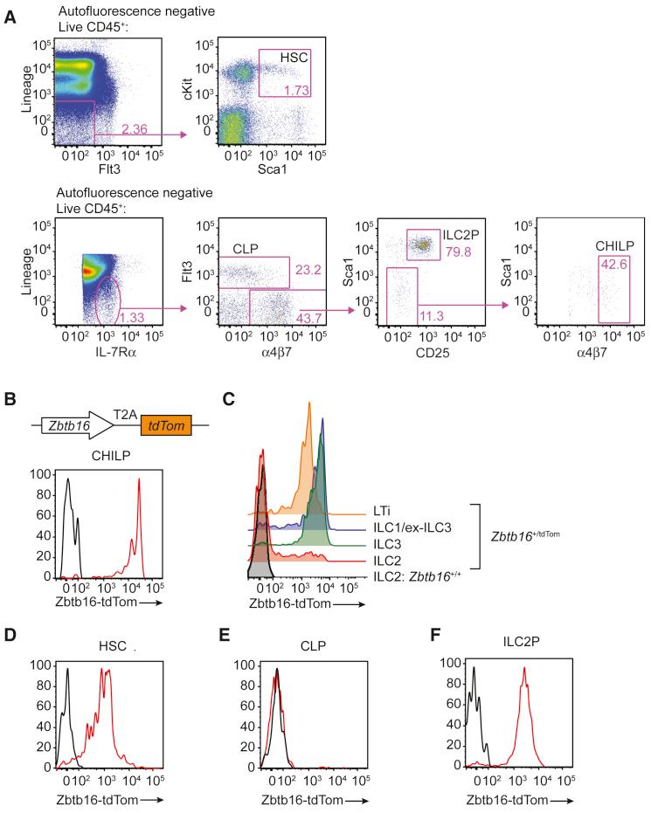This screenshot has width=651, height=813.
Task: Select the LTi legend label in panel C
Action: point(380,516)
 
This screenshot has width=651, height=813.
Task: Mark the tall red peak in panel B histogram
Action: point(138,493)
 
